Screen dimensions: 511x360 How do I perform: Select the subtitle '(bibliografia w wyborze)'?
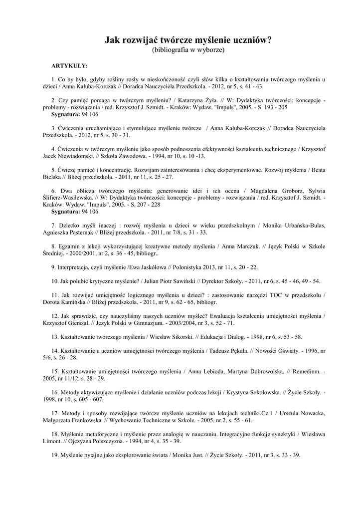coord(188,50)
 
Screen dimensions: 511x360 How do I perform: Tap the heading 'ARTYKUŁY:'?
coord(70,65)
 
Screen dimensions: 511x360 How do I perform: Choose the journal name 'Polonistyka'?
coord(177,267)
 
